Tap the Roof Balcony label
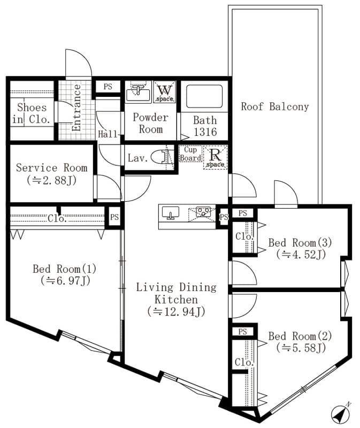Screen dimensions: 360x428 (x=275, y=106)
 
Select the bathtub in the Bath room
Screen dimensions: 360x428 (x=204, y=96)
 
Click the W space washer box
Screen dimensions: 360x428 (x=165, y=92)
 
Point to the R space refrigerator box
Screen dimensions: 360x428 (x=216, y=157)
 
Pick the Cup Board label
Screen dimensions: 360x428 (x=190, y=154)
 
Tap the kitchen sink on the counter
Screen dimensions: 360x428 (x=171, y=213)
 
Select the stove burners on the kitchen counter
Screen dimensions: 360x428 (x=203, y=211)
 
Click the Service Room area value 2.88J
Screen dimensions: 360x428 (x=51, y=180)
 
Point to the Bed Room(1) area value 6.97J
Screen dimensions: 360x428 (x=65, y=280)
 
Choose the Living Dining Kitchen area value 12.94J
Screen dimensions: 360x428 (x=176, y=311)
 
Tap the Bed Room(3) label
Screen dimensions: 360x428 (x=300, y=242)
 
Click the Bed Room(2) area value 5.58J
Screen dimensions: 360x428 (x=301, y=348)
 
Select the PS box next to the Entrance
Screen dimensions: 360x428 (x=108, y=87)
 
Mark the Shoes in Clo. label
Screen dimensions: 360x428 (x=31, y=113)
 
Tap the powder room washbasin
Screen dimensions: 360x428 (x=139, y=92)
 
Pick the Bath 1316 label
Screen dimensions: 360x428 (x=205, y=126)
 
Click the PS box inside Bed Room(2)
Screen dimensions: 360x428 (x=243, y=332)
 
